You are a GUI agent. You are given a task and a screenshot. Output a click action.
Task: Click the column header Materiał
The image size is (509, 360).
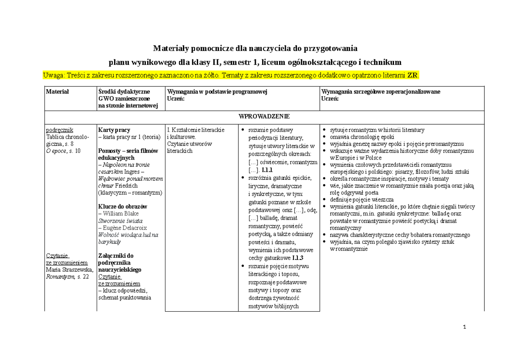coord(57,92)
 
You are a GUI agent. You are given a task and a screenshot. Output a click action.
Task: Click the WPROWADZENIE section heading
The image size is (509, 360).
coord(264,116)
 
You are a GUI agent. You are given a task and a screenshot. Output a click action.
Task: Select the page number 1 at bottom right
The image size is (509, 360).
coord(465,327)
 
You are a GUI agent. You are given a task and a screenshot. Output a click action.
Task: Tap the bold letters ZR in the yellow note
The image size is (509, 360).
coord(412,75)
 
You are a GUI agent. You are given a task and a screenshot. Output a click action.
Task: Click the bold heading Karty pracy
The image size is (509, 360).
coord(114,130)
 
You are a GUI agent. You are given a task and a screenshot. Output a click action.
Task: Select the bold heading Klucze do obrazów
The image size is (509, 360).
coord(123,207)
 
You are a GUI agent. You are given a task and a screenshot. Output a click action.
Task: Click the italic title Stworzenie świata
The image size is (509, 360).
coord(120,221)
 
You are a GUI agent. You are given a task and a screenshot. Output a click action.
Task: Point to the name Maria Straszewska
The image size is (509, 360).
coord(69,269)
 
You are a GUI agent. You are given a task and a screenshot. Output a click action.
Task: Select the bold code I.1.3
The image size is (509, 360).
coord(298,258)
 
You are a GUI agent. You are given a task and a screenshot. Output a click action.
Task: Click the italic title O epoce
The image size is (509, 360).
coord(56,151)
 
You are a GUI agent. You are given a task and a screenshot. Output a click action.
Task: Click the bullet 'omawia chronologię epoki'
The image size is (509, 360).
coord(360,137)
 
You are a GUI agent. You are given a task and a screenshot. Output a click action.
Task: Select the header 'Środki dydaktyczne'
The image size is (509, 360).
coord(123,92)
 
